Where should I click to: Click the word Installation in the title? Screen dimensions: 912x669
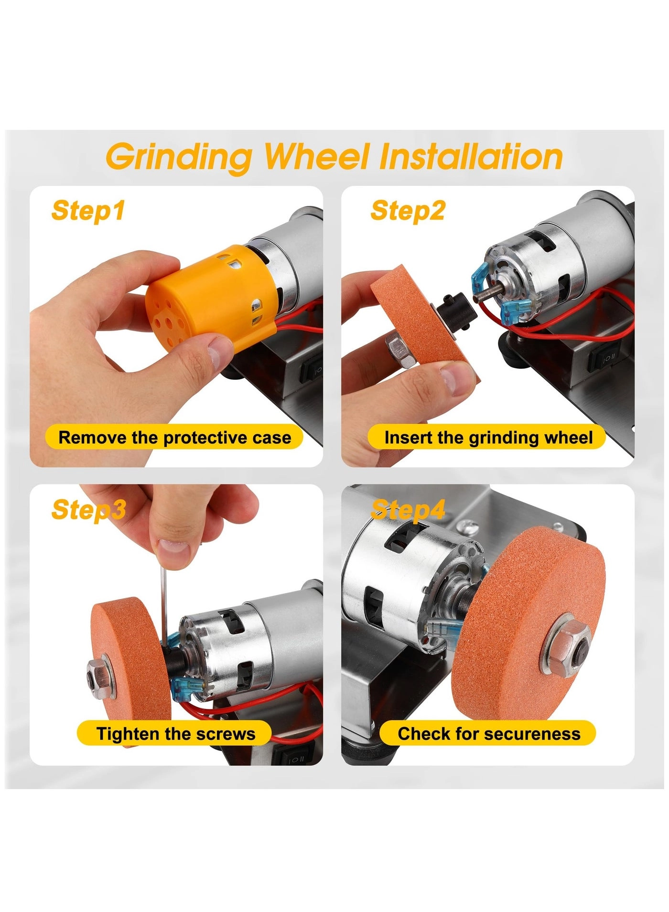[x=471, y=156]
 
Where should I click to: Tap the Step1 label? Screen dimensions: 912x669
[x=88, y=211]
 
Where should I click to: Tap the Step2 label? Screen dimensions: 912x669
[x=408, y=211]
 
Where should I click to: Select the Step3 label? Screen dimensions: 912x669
[x=88, y=509]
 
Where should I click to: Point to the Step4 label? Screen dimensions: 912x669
[x=408, y=509]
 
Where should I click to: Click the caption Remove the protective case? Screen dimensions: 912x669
[x=174, y=437]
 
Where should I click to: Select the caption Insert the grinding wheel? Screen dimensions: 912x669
[x=488, y=437]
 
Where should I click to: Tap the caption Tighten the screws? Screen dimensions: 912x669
[x=175, y=733]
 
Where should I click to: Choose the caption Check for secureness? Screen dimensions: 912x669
[x=488, y=733]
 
